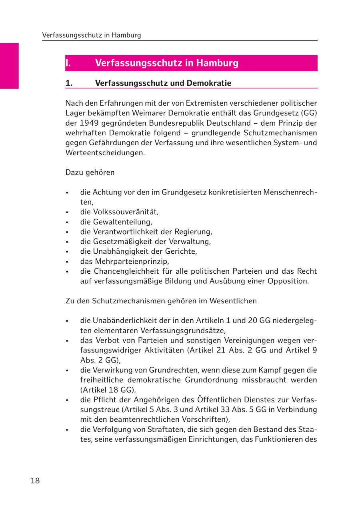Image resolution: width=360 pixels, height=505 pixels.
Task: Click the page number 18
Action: (35, 481)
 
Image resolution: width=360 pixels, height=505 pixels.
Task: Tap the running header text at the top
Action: (92, 35)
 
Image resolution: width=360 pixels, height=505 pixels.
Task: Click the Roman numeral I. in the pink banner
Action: (68, 63)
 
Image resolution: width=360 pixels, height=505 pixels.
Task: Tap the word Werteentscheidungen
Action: (105, 152)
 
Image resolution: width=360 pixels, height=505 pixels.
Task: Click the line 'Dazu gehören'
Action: (90, 172)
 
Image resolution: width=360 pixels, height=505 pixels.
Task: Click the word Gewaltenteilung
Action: (122, 222)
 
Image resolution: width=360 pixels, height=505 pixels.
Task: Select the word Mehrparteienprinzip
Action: (132, 261)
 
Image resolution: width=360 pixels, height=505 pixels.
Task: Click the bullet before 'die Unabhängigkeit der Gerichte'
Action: (68, 252)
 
